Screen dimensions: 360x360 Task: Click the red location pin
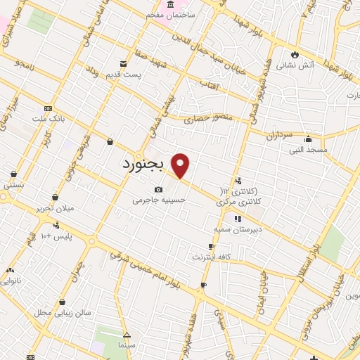tap(181, 165)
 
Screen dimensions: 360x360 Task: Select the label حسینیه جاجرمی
tap(160, 200)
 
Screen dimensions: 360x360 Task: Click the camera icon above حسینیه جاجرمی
tap(159, 189)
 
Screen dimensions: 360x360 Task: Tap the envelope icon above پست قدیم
tap(124, 64)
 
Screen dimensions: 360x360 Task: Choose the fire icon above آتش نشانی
tap(294, 54)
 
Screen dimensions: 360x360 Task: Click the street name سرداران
tap(280, 134)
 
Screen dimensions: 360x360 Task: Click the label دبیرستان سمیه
tap(238, 229)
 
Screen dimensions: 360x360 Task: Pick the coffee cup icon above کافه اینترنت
tap(212, 247)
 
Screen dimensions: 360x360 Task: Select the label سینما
tap(127, 346)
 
